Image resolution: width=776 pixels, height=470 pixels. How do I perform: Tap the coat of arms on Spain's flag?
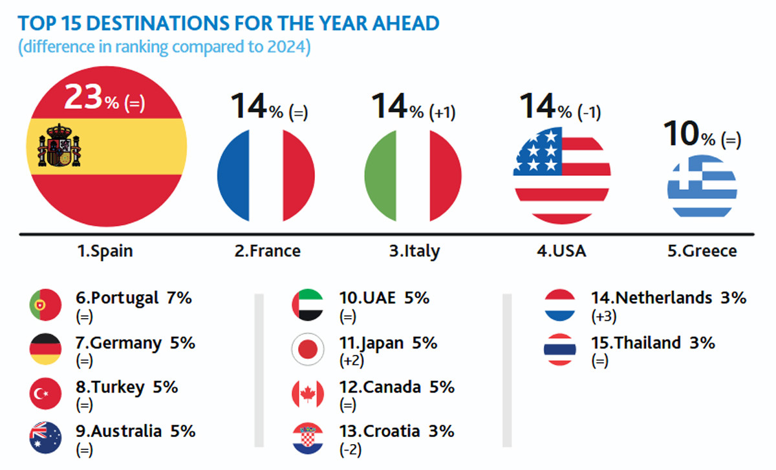pos(59,145)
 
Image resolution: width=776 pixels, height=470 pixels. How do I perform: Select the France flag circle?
pos(266,175)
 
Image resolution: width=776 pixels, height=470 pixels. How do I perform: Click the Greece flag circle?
pos(702,186)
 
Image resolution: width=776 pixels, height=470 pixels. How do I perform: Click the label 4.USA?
pos(561,251)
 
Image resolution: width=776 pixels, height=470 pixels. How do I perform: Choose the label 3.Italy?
pos(414,251)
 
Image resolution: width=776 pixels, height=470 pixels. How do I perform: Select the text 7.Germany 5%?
pos(135,343)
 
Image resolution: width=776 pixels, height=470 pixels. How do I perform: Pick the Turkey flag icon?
pos(45,393)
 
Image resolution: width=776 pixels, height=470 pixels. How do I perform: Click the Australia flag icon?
pos(45,437)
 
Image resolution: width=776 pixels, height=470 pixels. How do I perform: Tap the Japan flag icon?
pos(307,349)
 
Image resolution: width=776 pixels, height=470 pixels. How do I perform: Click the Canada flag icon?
pos(307,393)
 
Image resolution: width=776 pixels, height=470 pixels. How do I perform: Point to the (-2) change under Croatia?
pos(351,449)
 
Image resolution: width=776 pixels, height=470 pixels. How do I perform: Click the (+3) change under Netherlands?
pos(603,317)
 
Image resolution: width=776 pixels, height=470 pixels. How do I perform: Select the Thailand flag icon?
pos(560,349)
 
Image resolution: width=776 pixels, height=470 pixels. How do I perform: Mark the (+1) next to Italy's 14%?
pos(443,112)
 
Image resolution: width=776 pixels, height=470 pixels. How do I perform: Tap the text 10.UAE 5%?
pos(384,298)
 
